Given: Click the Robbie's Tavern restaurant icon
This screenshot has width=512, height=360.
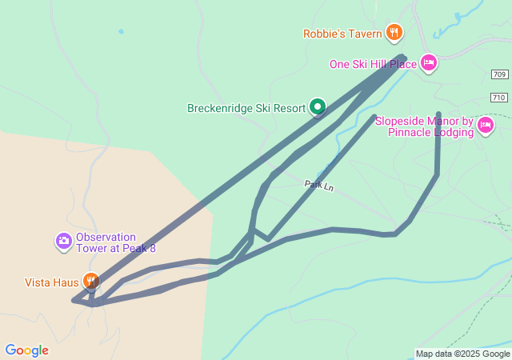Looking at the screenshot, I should (x=394, y=33).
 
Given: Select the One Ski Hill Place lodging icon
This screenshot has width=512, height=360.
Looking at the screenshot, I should (x=429, y=63).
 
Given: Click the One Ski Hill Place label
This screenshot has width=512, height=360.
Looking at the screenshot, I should (x=373, y=64).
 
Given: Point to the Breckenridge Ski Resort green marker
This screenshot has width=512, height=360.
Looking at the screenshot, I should (x=318, y=106).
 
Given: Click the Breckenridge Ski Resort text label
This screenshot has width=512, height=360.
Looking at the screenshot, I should (x=246, y=108).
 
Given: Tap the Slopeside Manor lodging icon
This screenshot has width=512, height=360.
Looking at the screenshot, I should (x=485, y=126).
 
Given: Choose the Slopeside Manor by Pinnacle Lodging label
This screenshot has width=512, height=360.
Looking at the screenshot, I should (x=424, y=126).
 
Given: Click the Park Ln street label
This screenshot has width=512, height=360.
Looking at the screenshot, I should (x=318, y=185).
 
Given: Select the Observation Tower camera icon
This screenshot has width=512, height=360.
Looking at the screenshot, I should (x=63, y=241).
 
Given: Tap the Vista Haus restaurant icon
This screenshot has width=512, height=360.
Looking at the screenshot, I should (x=92, y=281).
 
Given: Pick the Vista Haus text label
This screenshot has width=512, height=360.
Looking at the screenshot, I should (x=52, y=282).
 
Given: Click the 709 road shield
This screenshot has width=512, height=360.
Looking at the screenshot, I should (x=499, y=74).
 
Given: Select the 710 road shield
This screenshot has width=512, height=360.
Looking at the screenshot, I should (x=499, y=98).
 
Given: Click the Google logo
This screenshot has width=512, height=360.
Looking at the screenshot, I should (x=26, y=350).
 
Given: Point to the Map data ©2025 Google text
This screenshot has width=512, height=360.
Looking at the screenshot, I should (x=462, y=354).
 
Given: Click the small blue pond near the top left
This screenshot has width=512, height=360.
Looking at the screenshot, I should (x=121, y=31).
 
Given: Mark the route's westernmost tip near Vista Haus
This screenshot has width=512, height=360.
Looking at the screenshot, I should (x=74, y=301).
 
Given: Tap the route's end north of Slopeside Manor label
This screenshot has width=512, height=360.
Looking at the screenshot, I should (x=438, y=114).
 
